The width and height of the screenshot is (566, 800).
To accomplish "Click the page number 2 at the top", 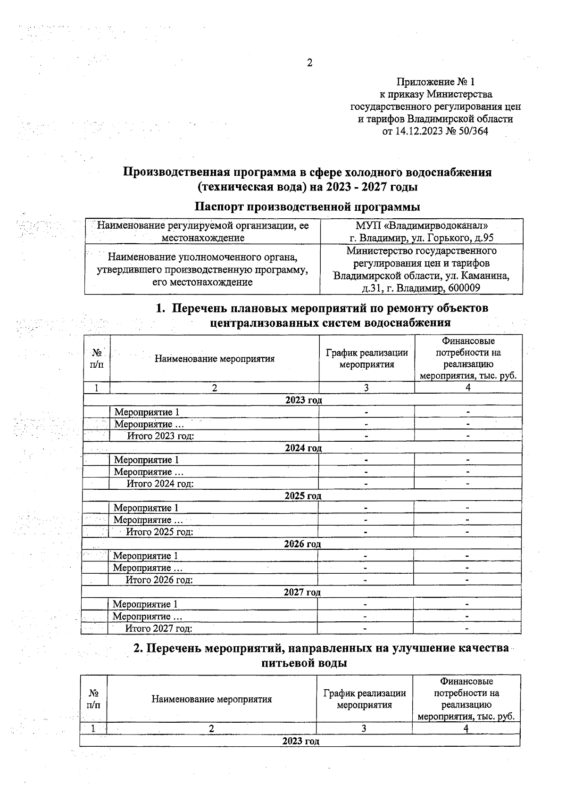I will click(x=309, y=63).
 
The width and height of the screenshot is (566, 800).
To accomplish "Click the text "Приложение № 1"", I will click(x=435, y=82).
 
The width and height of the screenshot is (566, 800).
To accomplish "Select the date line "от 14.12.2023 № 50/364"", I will click(x=435, y=131).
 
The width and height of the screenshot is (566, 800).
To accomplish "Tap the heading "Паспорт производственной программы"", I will click(x=307, y=206).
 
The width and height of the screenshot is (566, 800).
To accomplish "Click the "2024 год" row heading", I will click(x=303, y=448).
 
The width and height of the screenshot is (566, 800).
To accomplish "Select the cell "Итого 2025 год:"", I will click(x=159, y=532).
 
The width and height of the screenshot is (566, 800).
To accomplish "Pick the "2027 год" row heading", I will click(x=302, y=592).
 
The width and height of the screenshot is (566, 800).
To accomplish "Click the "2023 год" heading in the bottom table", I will click(x=300, y=741).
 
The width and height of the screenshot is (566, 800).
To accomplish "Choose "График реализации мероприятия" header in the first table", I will click(x=366, y=358).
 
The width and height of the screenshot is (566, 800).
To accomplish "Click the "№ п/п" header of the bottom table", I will click(x=93, y=699).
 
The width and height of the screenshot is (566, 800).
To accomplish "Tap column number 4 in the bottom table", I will click(x=466, y=728).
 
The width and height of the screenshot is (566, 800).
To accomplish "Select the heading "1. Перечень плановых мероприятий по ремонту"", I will click(x=322, y=308).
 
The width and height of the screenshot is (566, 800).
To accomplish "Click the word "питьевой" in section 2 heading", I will click(x=285, y=663).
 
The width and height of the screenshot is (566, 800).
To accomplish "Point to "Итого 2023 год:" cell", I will click(x=160, y=436).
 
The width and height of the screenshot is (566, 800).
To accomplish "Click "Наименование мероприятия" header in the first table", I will click(x=214, y=359).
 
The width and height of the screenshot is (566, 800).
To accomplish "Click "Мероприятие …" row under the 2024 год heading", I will click(x=149, y=472).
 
